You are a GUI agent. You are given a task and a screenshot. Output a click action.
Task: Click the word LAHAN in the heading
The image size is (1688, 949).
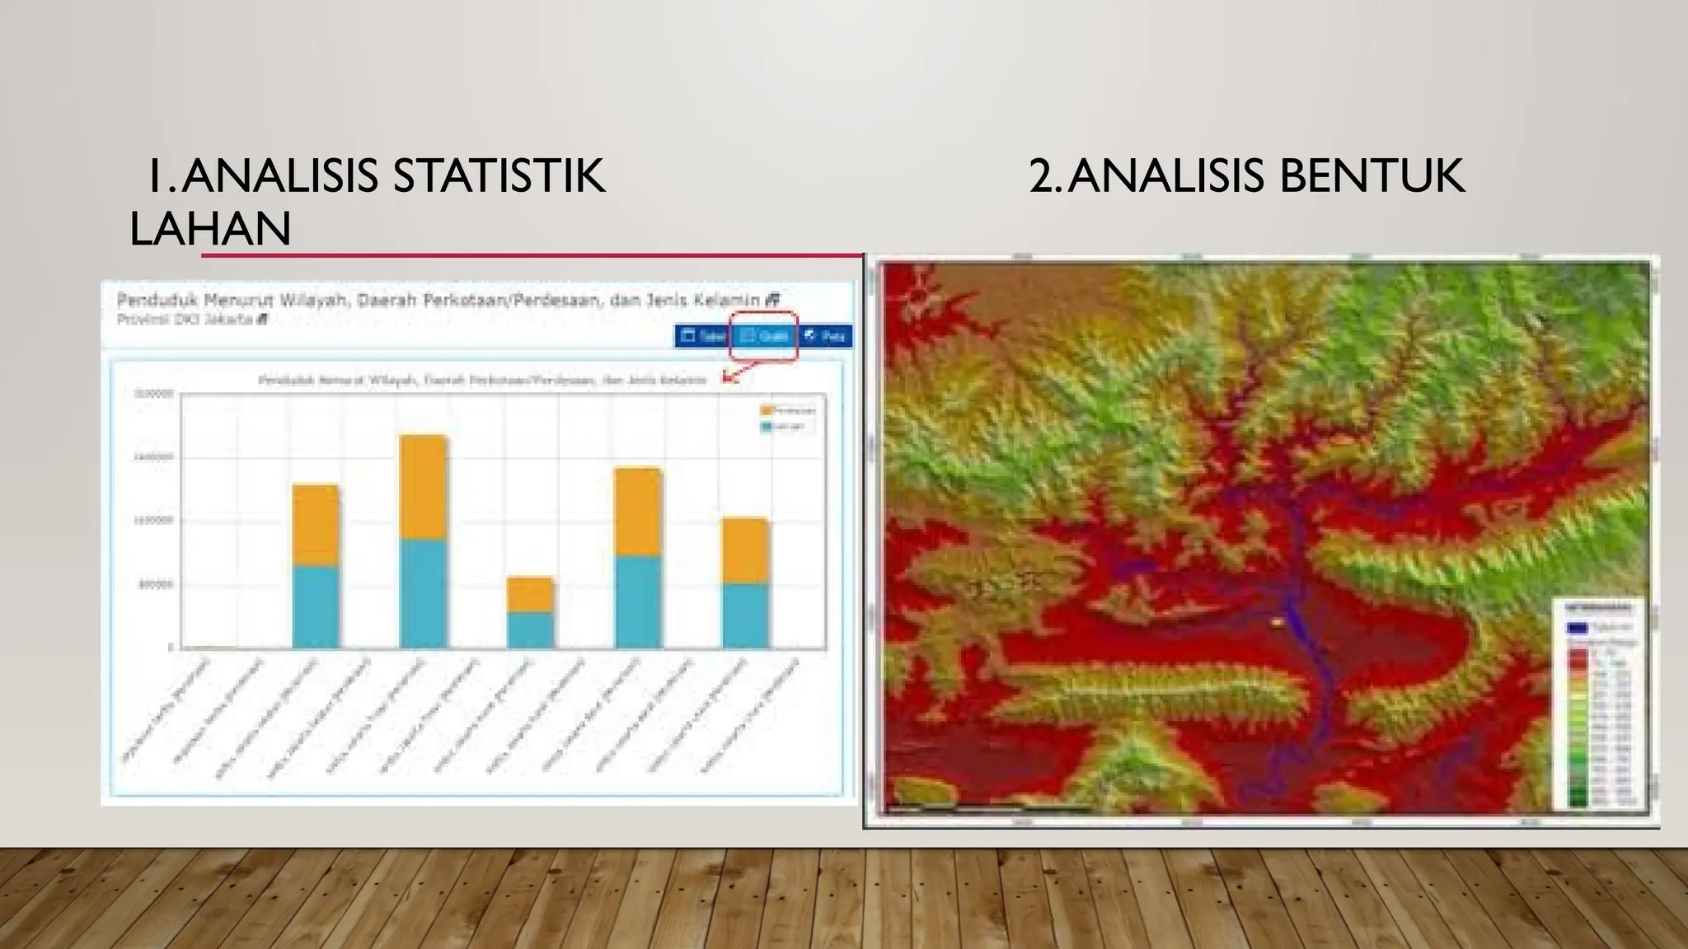[x=210, y=228]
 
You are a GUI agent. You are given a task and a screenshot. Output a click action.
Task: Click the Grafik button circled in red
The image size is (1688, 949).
[x=764, y=335]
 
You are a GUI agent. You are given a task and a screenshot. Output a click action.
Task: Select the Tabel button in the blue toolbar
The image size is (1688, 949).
[x=703, y=335]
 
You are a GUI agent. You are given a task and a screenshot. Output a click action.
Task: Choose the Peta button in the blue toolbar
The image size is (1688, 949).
[x=826, y=335]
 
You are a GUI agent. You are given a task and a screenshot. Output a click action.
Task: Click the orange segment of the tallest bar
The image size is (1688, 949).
[x=424, y=487]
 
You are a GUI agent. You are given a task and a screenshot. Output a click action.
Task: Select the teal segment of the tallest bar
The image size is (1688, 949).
[x=424, y=593]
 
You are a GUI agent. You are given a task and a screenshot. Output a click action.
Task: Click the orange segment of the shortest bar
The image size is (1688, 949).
[x=530, y=594]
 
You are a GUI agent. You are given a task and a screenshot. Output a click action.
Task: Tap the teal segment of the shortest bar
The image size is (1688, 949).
[x=530, y=629]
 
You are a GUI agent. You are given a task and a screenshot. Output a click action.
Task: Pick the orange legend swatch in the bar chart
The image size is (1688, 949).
[x=767, y=409]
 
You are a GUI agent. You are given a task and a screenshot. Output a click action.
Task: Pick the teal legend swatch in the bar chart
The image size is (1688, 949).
[x=767, y=427]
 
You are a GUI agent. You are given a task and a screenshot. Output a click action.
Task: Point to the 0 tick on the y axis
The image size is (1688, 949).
[x=171, y=648]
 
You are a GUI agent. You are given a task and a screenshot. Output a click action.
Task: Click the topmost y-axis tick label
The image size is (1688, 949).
[x=153, y=394]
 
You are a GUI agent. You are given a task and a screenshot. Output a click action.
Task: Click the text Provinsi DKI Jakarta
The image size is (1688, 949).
[x=185, y=320]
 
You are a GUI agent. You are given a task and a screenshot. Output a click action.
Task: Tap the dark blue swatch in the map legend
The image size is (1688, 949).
[x=1576, y=628]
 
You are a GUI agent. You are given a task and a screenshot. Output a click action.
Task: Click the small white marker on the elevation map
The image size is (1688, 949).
[x=1277, y=623]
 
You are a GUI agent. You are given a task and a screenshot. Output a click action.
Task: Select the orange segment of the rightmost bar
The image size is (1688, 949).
[x=745, y=551]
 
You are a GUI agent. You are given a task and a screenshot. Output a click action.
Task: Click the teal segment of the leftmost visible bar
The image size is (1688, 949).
[x=316, y=607]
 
